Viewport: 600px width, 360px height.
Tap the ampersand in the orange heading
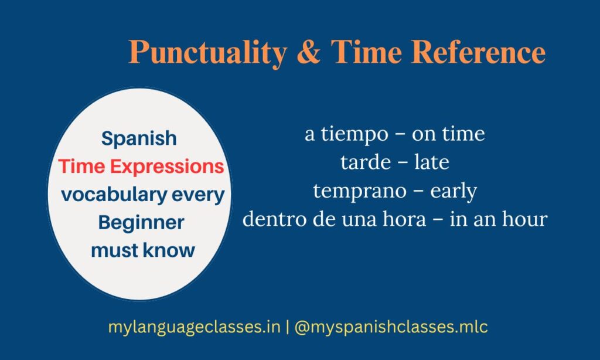308,52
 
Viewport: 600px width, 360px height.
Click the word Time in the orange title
366,52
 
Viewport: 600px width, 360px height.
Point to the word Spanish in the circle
139,138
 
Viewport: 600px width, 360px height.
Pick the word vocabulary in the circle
114,195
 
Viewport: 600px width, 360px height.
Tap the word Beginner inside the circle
141,223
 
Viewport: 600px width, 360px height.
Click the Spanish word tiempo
354,134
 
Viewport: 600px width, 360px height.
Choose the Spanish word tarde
366,162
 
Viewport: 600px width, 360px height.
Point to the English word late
432,162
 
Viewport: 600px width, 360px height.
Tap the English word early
454,191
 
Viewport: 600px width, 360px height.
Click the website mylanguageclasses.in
195,328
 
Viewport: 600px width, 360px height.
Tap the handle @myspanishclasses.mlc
391,328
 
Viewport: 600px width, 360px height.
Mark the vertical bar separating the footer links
287,328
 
